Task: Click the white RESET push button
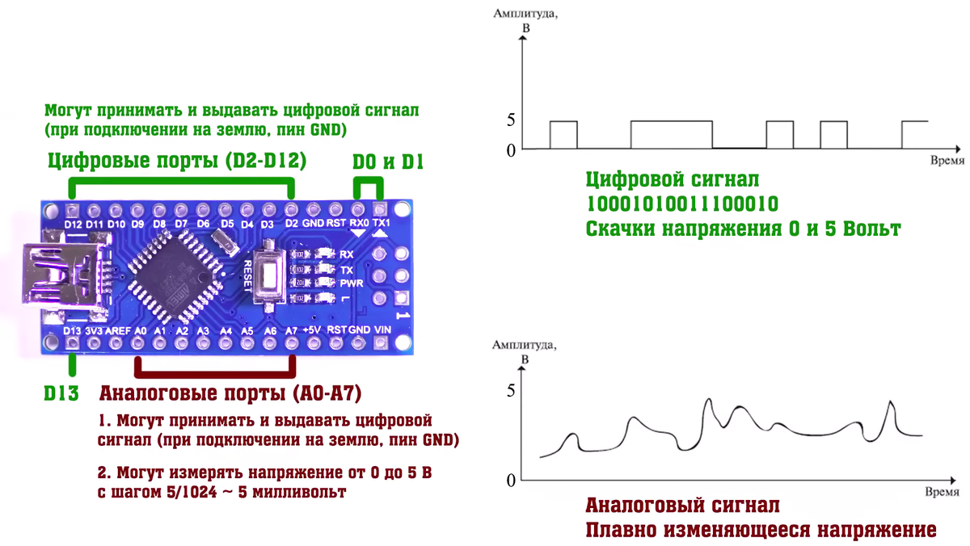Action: pyautogui.click(x=269, y=275)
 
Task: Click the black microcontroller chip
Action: pyautogui.click(x=176, y=276)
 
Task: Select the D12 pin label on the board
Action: pyautogui.click(x=73, y=225)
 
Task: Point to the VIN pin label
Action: pyautogui.click(x=382, y=330)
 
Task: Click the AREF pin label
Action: pyautogui.click(x=118, y=331)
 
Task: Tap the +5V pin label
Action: pyautogui.click(x=312, y=330)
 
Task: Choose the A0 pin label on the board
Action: pyautogui.click(x=141, y=331)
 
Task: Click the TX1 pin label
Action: pyautogui.click(x=381, y=223)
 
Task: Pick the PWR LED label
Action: pyautogui.click(x=352, y=283)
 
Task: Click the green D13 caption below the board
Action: pyautogui.click(x=61, y=393)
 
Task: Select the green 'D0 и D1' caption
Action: pyautogui.click(x=388, y=162)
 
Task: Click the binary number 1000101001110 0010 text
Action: pyautogui.click(x=682, y=204)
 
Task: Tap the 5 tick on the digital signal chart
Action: pyautogui.click(x=511, y=120)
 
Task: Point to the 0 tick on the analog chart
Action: pyautogui.click(x=511, y=481)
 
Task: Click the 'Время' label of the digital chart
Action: pyautogui.click(x=947, y=161)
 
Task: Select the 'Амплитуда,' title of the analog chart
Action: pyautogui.click(x=525, y=345)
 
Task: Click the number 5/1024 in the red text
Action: pyautogui.click(x=192, y=492)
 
